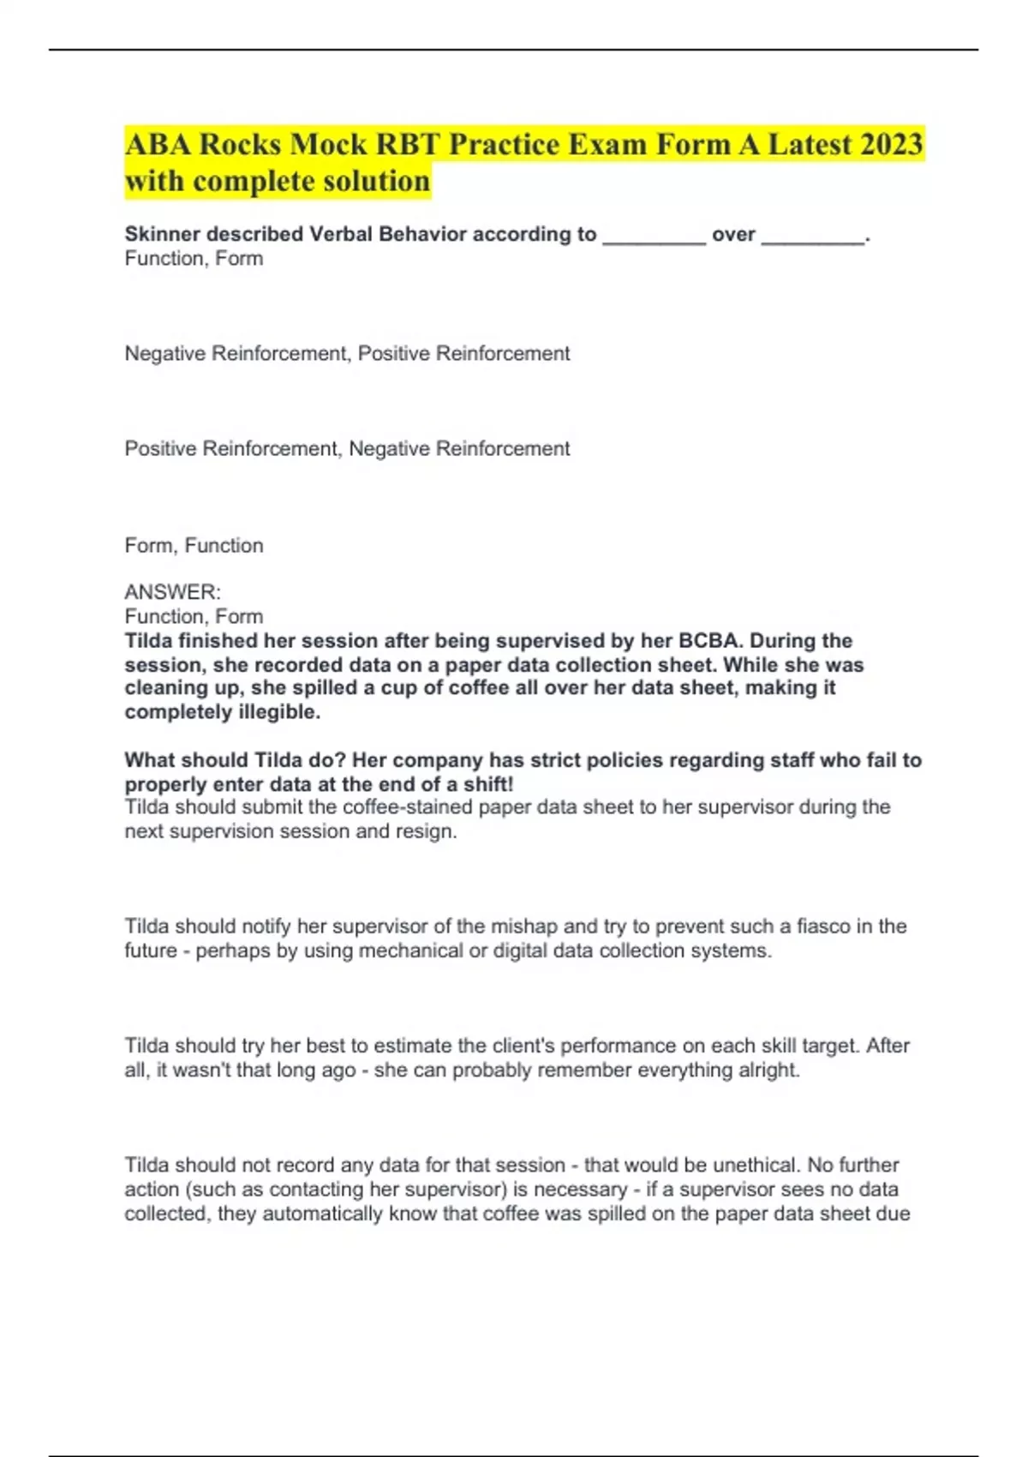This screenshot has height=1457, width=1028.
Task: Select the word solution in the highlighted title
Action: (375, 182)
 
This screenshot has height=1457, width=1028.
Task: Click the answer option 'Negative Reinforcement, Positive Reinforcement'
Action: (347, 353)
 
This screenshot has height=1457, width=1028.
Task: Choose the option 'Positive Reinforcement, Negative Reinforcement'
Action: (347, 448)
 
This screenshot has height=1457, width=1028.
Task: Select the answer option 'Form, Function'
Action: (194, 545)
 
